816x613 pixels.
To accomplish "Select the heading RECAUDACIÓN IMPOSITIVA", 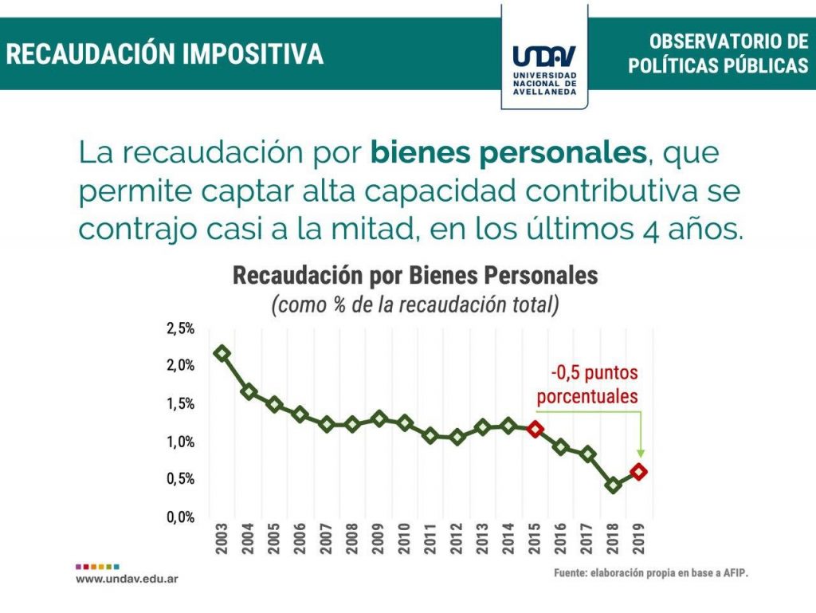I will [x=166, y=54].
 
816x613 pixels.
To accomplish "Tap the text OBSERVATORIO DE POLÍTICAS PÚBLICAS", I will [x=717, y=54].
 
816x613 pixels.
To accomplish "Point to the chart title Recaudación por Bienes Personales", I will [x=414, y=276].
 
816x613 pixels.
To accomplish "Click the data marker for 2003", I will [x=222, y=353].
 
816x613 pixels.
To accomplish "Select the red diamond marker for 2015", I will [x=535, y=429].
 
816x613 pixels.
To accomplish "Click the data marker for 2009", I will [x=379, y=418].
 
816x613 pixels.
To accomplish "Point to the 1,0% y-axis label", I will [x=180, y=442].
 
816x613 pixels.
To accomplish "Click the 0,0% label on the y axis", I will [x=180, y=517].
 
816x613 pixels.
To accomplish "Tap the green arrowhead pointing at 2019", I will [x=641, y=453].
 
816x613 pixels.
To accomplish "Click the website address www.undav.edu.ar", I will [x=127, y=578].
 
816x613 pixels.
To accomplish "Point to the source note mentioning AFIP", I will [x=651, y=573].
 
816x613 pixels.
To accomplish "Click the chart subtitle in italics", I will [x=414, y=305].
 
